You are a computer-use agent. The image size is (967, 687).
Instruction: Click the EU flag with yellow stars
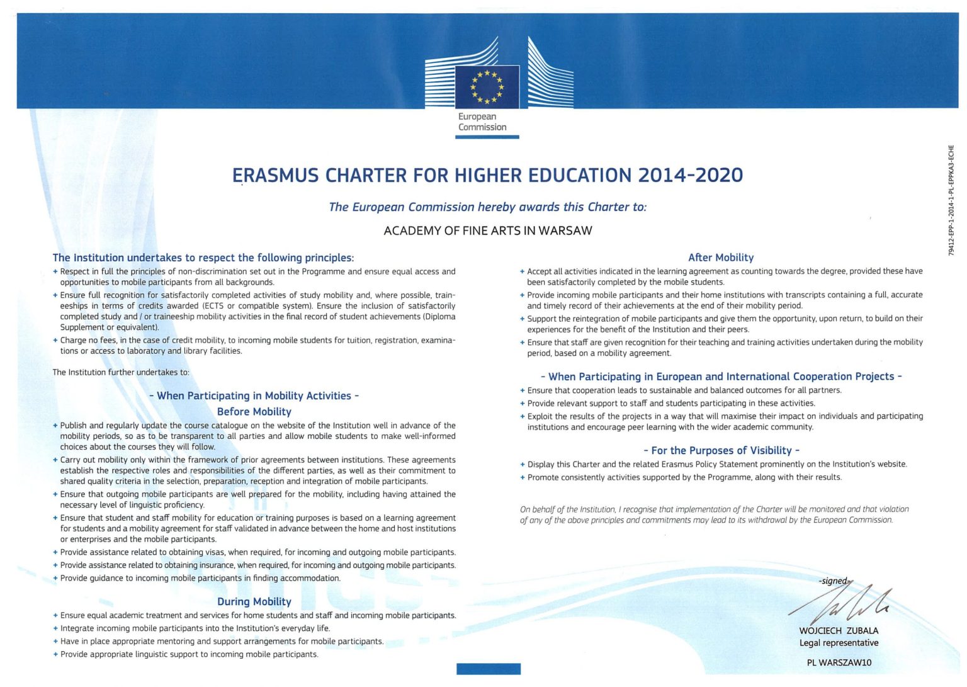487,88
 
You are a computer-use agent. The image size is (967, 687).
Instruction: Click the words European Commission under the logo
482,122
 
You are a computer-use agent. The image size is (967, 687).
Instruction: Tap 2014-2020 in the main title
690,175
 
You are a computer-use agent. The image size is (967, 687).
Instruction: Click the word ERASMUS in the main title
275,176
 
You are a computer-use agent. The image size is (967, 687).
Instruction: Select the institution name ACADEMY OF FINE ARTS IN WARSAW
488,230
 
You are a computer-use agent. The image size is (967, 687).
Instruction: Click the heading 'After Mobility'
721,258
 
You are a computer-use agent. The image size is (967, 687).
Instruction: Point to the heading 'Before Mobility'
254,412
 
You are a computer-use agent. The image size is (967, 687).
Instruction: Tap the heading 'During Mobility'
254,602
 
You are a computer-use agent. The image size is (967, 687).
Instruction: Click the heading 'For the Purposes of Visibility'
721,450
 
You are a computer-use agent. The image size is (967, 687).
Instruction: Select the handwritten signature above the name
844,603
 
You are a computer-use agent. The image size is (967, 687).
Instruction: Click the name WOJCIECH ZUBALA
839,630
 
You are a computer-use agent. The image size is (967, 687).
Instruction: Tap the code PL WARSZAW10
839,662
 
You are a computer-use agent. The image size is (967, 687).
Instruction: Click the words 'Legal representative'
839,643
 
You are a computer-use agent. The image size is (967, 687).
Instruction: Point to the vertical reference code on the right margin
951,200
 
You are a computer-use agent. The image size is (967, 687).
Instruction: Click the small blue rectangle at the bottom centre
488,669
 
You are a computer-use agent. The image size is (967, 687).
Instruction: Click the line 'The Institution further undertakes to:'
121,372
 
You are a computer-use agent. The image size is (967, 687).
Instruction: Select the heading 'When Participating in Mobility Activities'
254,396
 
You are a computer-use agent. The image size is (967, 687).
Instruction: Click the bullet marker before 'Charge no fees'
55,340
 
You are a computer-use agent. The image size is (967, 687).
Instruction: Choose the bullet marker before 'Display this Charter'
523,465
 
